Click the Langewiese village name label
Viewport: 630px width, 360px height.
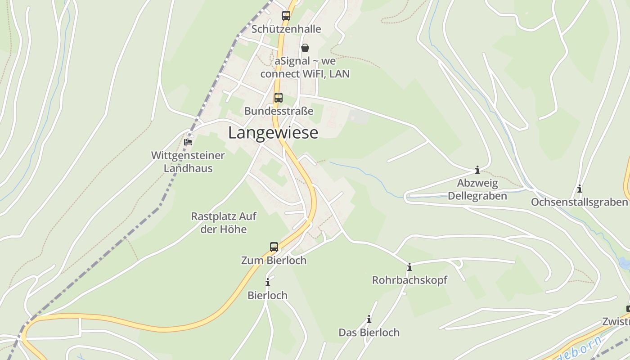(x=273, y=133)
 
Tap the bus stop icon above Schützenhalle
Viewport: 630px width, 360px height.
(x=286, y=16)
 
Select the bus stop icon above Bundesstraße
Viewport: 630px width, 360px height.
(x=279, y=98)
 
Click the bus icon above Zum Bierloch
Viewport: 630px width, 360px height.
(x=274, y=247)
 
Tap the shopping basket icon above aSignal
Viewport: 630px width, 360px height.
(x=305, y=48)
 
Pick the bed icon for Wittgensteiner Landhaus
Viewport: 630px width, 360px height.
(x=188, y=142)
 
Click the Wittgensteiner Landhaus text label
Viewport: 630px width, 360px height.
(x=188, y=162)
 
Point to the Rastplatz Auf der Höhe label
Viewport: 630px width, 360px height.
(x=224, y=223)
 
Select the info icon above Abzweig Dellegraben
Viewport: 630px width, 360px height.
(x=477, y=170)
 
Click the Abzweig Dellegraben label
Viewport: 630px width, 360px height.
(x=477, y=189)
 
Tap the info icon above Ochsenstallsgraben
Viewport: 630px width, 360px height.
(x=580, y=189)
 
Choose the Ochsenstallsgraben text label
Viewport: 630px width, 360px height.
(x=579, y=202)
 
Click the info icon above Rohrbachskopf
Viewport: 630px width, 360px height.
(x=409, y=267)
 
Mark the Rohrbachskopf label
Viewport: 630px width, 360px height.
(x=409, y=280)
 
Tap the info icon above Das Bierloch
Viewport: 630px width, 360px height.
(x=369, y=319)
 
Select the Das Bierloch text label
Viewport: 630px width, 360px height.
(x=369, y=333)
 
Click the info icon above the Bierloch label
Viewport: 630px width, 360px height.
(x=268, y=283)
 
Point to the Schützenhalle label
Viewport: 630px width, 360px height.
(x=286, y=29)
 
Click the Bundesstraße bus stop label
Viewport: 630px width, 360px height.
(x=279, y=111)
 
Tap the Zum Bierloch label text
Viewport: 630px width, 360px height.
(x=274, y=260)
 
